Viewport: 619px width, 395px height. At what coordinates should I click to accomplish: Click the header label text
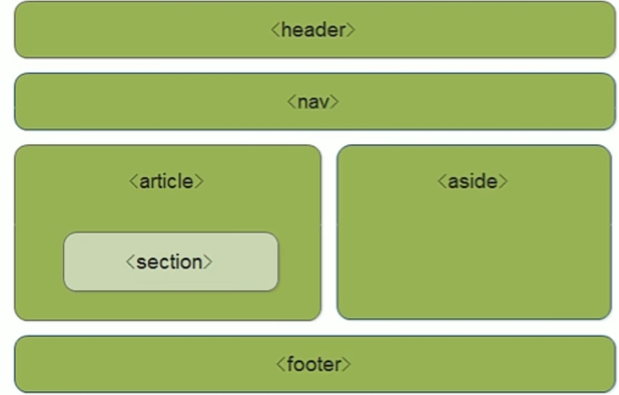[313, 30]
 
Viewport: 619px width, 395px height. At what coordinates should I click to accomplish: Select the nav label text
[313, 102]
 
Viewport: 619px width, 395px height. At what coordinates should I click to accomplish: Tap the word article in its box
[166, 181]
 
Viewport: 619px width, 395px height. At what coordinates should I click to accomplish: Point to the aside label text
[472, 181]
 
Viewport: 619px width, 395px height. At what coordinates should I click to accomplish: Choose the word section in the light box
[169, 262]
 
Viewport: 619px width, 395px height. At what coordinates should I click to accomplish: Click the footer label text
[313, 364]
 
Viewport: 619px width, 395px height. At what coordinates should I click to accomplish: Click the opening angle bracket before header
[275, 30]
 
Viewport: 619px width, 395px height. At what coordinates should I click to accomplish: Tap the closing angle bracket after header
[351, 30]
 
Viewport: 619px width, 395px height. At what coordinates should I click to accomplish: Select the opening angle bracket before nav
[291, 102]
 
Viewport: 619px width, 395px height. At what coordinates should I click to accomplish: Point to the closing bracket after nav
[335, 102]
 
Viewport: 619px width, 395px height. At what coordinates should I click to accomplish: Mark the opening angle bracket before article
[133, 181]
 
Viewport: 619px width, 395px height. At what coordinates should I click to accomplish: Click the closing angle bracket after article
[199, 181]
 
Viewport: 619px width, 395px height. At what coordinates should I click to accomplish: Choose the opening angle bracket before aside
[442, 181]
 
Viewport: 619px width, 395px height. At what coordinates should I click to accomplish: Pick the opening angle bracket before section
[130, 262]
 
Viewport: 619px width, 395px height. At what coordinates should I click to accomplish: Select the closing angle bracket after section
[208, 262]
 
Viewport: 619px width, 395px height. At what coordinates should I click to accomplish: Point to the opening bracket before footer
[280, 364]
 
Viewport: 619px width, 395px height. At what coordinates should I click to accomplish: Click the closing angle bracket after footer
[346, 364]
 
